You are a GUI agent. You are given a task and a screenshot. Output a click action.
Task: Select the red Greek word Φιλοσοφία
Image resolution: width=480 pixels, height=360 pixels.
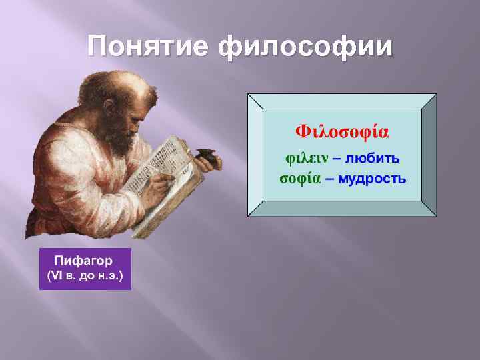click(x=342, y=129)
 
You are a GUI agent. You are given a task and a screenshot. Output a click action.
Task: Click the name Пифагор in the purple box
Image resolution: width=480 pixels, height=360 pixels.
click(x=85, y=261)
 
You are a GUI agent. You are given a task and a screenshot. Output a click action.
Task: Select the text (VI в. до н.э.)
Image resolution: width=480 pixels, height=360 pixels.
click(x=85, y=275)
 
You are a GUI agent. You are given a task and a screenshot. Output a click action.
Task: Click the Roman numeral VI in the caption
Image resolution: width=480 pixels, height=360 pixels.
click(x=56, y=275)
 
